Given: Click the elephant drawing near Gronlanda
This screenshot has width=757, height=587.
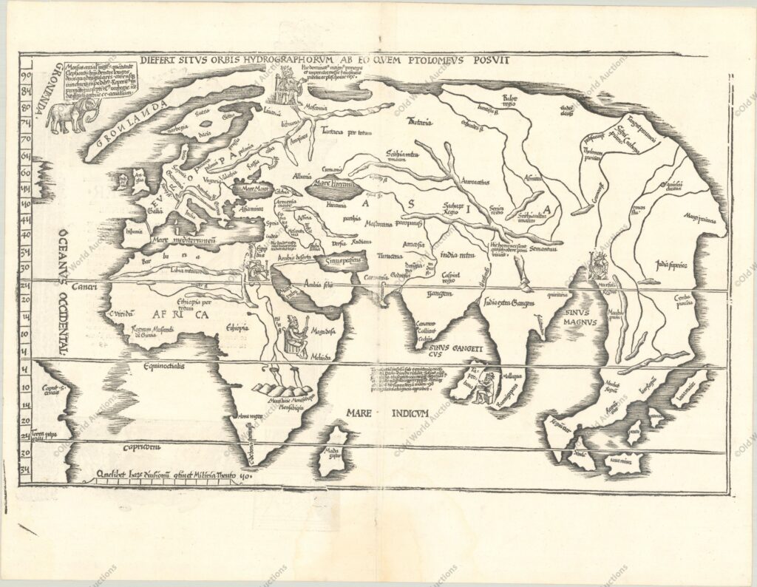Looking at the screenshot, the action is coord(73,115).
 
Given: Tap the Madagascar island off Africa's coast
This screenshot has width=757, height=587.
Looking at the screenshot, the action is coord(334,449).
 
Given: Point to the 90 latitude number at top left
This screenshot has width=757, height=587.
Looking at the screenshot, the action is coord(26,75).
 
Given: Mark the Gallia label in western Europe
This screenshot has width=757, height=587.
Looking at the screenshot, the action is coord(157,210).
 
